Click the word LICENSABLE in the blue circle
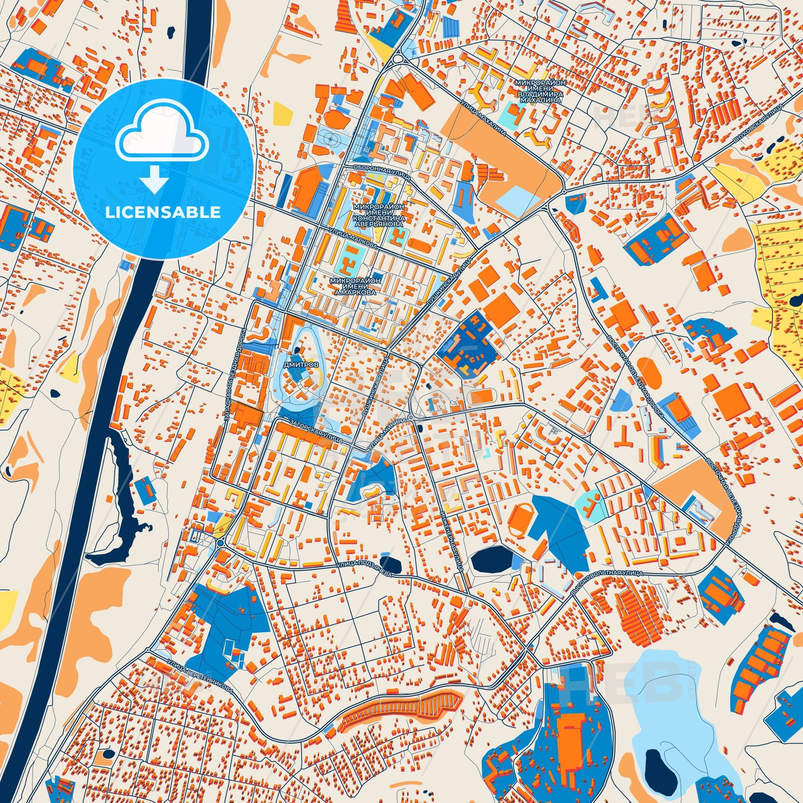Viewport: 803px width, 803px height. [163, 213]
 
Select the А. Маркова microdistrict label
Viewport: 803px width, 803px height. [355, 286]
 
